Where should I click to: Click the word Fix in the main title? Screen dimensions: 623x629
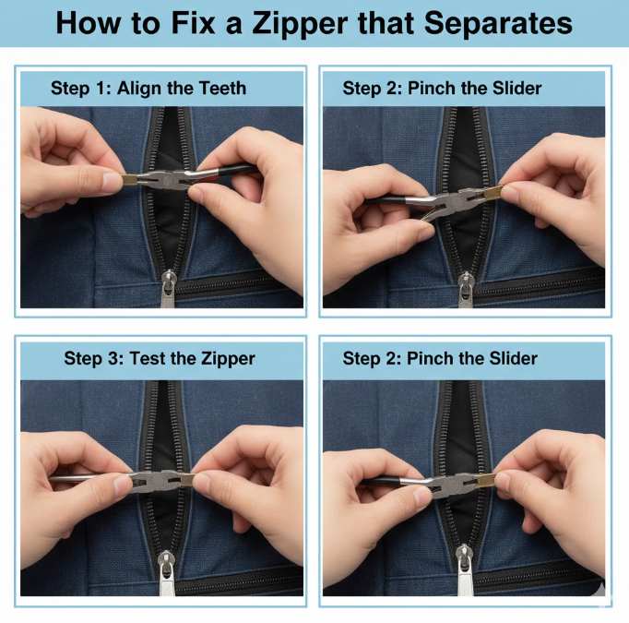[184, 22]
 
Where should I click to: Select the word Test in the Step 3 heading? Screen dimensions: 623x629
[150, 358]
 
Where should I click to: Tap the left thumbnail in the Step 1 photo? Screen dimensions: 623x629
[111, 182]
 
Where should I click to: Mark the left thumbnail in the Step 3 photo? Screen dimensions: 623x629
[122, 485]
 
